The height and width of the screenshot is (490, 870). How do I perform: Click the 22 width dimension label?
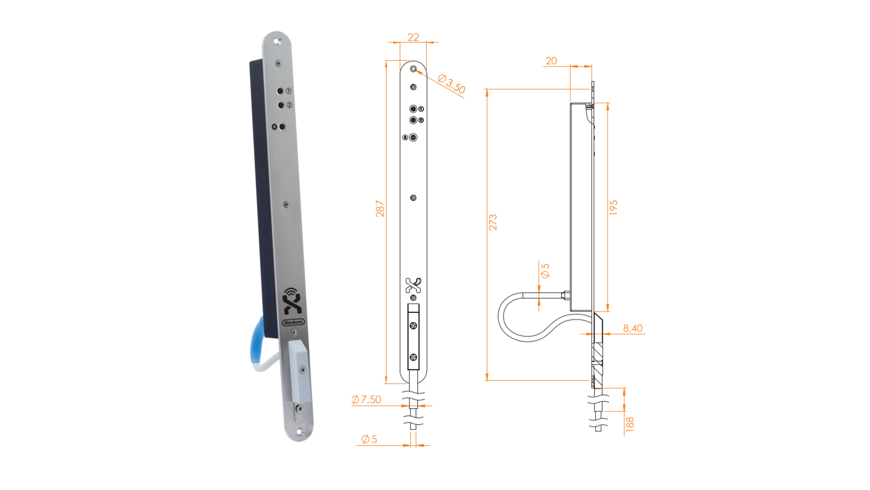tap(413, 37)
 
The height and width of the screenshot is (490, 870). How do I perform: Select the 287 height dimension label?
tap(380, 209)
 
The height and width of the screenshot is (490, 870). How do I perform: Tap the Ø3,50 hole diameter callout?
tap(452, 84)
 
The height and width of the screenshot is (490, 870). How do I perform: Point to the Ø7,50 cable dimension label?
tap(366, 400)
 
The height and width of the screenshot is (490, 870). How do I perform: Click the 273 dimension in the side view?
tap(493, 222)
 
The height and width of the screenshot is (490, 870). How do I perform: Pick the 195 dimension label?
tap(614, 207)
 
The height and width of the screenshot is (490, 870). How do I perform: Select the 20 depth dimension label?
tap(551, 61)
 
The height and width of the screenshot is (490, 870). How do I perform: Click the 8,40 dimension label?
tap(633, 328)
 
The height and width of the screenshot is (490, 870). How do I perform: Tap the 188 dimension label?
tap(630, 424)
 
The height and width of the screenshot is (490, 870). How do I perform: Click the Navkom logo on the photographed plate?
tap(293, 322)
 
